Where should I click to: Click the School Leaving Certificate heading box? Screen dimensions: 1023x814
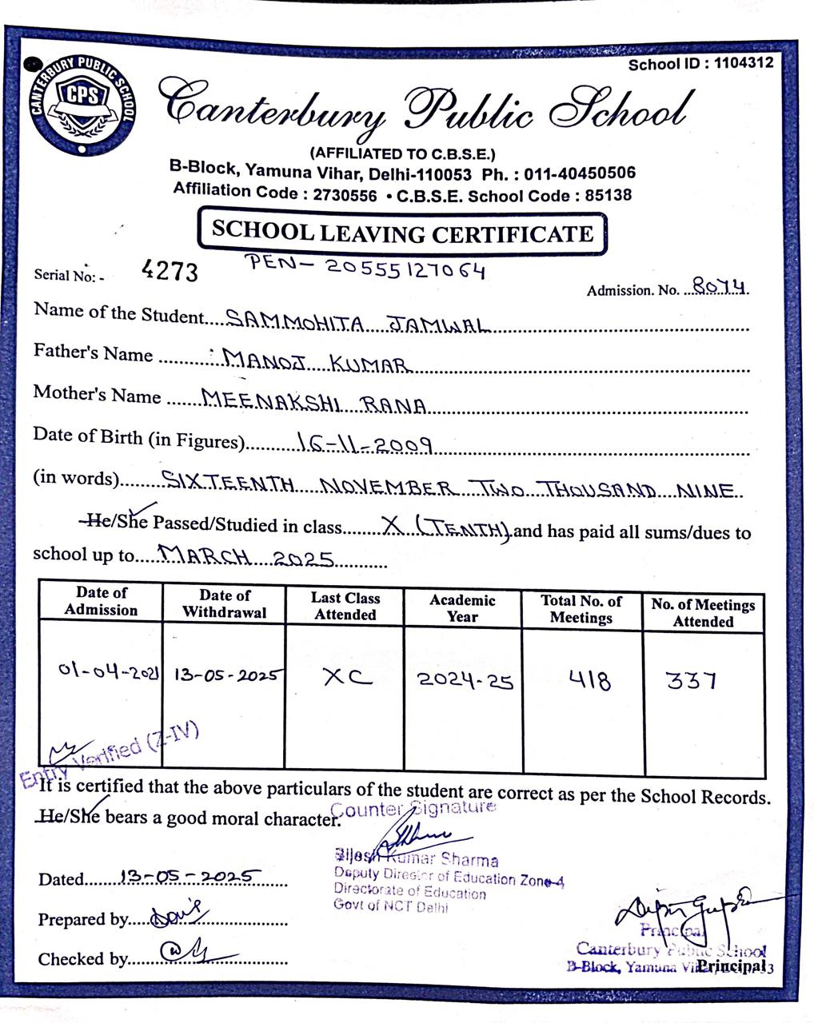tap(402, 233)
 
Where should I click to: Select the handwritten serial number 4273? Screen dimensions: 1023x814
tap(170, 272)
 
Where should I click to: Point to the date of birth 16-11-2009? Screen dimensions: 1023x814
tap(364, 444)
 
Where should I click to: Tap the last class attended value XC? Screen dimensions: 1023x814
tap(347, 678)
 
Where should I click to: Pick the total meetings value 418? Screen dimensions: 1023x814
tap(589, 681)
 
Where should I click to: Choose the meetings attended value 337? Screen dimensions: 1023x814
tap(692, 682)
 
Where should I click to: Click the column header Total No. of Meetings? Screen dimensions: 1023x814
tap(581, 609)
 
